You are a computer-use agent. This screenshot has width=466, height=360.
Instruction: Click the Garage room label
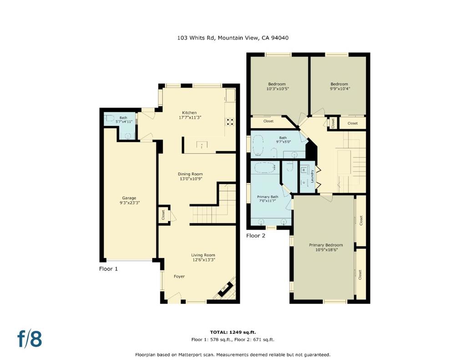129,198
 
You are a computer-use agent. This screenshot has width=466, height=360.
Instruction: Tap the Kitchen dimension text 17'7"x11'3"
189,117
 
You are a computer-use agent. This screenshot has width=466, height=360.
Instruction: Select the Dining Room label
190,174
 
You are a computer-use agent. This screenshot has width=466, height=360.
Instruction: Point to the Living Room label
203,255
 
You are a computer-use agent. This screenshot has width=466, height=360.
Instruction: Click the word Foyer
179,276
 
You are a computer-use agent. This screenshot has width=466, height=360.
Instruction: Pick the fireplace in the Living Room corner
226,289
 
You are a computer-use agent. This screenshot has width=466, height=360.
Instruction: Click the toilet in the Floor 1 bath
109,118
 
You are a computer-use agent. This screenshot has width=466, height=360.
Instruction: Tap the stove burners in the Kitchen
230,122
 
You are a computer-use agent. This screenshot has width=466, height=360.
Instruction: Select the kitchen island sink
202,145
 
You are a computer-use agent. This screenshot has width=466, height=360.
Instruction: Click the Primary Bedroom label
326,245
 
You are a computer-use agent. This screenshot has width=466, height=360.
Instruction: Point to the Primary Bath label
268,197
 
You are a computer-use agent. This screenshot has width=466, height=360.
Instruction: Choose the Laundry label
312,176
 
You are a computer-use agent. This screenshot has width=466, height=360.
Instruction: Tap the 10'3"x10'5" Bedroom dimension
278,89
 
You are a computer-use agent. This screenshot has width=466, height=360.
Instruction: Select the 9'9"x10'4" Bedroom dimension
339,89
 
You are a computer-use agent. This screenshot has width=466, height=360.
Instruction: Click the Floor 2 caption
256,236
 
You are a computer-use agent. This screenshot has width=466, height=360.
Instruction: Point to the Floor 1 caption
108,269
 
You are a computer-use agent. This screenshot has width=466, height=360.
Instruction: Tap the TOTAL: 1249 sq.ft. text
233,332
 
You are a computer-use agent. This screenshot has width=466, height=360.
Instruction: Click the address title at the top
233,38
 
